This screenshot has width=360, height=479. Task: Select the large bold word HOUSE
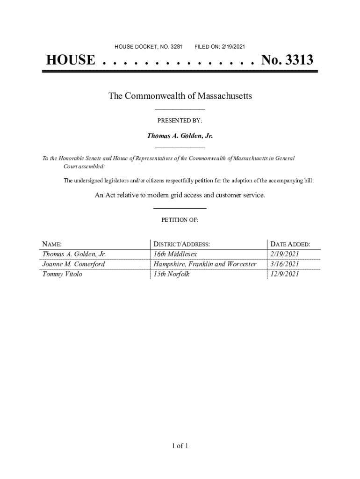point(71,60)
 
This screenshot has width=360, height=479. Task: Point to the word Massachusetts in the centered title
point(225,96)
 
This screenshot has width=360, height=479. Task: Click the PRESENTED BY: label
point(180,121)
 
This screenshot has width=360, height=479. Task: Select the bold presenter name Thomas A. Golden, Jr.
point(180,136)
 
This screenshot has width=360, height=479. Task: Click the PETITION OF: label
point(180,219)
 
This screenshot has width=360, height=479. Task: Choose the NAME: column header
point(52,244)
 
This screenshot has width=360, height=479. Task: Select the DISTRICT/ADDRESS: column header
point(182,244)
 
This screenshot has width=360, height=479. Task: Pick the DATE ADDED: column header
point(290,244)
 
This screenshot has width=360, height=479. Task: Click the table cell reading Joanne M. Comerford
point(74,264)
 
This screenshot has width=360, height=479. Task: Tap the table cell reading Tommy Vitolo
point(62,275)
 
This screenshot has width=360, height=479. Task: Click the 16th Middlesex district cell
point(175,254)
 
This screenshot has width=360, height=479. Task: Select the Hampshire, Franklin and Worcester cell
point(205,264)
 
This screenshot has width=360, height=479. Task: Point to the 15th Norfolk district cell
point(172,275)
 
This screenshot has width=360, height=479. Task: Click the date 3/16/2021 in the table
point(284,264)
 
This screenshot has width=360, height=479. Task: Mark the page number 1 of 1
point(180,446)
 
